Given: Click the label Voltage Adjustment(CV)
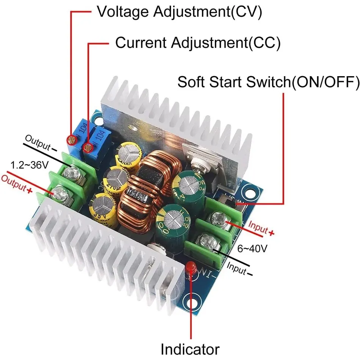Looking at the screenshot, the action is tap(180, 12).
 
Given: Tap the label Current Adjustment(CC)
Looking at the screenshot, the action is tap(197, 43).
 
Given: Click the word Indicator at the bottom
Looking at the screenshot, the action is tap(190, 348).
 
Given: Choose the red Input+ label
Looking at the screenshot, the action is tap(261, 228).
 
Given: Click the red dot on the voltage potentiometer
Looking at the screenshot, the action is tap(71, 139).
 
